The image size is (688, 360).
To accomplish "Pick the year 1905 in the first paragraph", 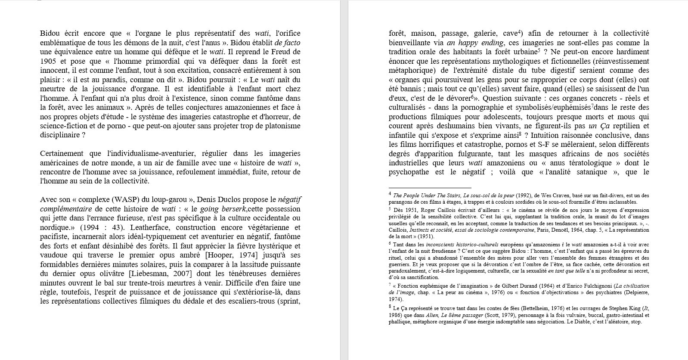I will pyautogui.click(x=49, y=61).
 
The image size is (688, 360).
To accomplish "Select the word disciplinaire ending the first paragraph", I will pyautogui.click(x=60, y=135).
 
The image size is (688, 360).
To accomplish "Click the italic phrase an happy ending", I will pyautogui.click(x=475, y=43).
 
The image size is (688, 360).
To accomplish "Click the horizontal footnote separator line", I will pyautogui.click(x=430, y=188).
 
